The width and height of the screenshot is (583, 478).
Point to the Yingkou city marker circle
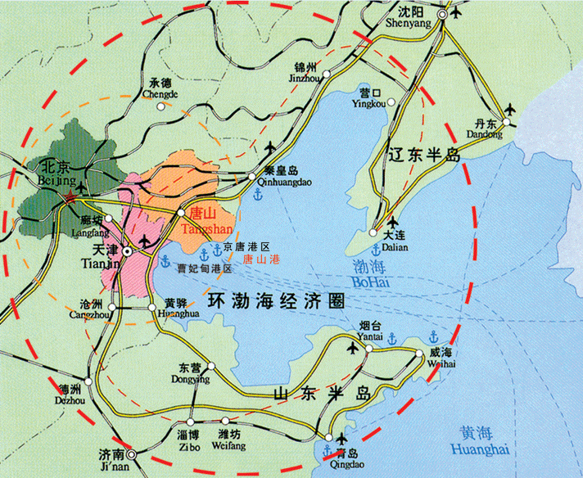391,102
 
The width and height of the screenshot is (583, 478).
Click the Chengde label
160,89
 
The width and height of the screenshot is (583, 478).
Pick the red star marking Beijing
71,197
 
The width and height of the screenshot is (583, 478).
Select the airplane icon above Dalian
392,222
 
